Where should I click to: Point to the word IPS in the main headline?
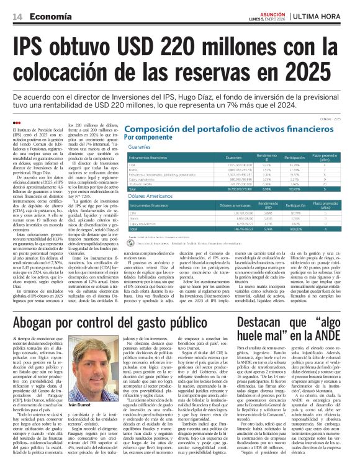point(33,47)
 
